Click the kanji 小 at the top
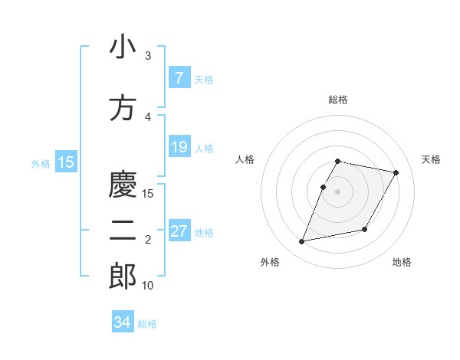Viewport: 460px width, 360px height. coord(123,47)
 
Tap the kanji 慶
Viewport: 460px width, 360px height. coord(123,185)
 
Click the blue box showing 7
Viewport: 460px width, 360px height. coord(179,78)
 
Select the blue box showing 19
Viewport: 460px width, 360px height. coord(179,147)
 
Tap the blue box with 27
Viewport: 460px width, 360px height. coord(179,231)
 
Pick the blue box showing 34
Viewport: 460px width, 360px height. coord(123,322)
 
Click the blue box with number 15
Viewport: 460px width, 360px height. coord(66,162)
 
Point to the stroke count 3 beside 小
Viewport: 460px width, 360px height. coord(148,56)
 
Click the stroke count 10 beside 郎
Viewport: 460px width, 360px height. coord(148,286)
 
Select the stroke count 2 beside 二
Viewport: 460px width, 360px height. coord(148,240)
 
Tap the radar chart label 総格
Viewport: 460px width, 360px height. coord(338,100)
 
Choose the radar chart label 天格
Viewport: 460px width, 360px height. coord(432,159)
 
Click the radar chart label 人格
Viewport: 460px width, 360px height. coord(245,159)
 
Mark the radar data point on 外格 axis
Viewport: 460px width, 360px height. coord(302,242)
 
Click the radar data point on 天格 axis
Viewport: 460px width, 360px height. coord(396,173)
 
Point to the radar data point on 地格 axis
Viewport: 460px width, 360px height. coord(365,230)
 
